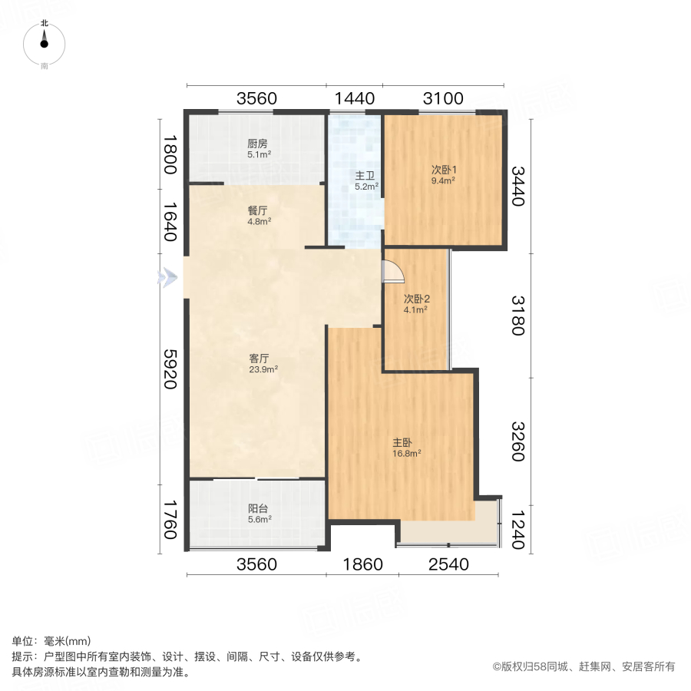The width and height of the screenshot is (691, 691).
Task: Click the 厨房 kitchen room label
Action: coord(257,144)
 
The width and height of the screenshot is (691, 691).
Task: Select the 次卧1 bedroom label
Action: coord(442,170)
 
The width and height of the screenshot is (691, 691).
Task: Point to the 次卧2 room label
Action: coord(415,299)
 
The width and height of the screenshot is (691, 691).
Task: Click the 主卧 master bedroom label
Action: coord(403,442)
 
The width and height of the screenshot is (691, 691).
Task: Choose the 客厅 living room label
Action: coord(259,358)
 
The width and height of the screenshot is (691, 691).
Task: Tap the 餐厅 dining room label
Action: coord(257,210)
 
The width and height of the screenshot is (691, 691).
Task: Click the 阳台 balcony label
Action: coord(257,508)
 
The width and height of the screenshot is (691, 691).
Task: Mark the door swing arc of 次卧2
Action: coord(392,271)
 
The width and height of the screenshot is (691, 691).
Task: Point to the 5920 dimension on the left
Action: coord(170,369)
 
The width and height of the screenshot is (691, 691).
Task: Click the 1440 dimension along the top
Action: coord(354,98)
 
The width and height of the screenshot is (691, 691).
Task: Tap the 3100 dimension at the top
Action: coord(443,98)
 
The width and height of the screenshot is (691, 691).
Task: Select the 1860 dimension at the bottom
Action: coord(362,565)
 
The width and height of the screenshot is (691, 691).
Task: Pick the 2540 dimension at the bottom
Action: coord(448,565)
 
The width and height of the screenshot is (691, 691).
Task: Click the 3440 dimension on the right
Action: coord(519,187)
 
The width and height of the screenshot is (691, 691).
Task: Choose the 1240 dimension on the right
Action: coord(519,530)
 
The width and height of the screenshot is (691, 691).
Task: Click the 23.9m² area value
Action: coord(263,369)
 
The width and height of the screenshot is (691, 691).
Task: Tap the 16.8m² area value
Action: coord(407,454)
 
